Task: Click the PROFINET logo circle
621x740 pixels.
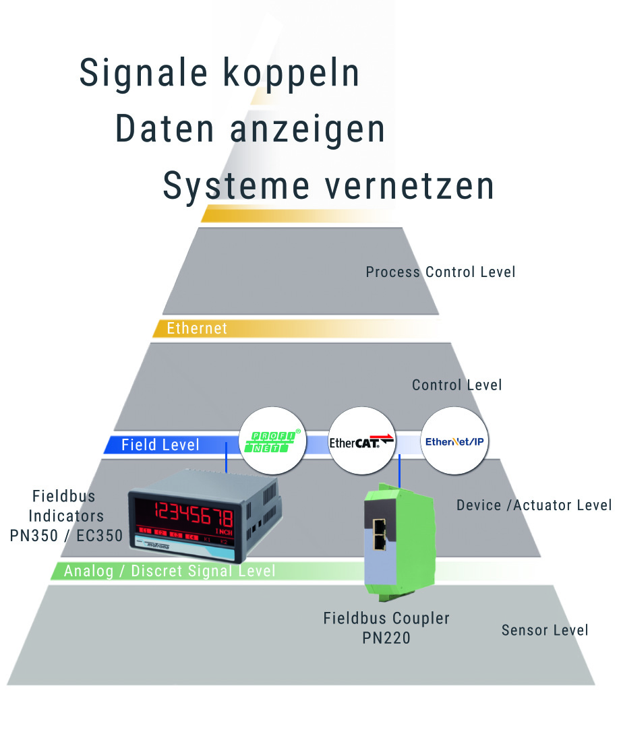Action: tap(271, 442)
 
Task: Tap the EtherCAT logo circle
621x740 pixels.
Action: tap(361, 442)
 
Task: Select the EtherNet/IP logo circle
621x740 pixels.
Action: tap(454, 442)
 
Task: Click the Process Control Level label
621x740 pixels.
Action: tap(440, 272)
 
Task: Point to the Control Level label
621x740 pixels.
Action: tap(457, 386)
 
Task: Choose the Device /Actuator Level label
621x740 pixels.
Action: tap(534, 505)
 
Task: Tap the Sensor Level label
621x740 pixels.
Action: tap(545, 630)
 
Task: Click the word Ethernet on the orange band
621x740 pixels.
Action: tap(197, 329)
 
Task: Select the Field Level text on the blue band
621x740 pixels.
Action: tap(160, 445)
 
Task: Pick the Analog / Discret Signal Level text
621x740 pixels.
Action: tap(170, 572)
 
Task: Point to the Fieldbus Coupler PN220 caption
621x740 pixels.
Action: tap(386, 627)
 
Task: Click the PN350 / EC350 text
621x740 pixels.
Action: tap(66, 536)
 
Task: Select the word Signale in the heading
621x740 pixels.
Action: tap(141, 73)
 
